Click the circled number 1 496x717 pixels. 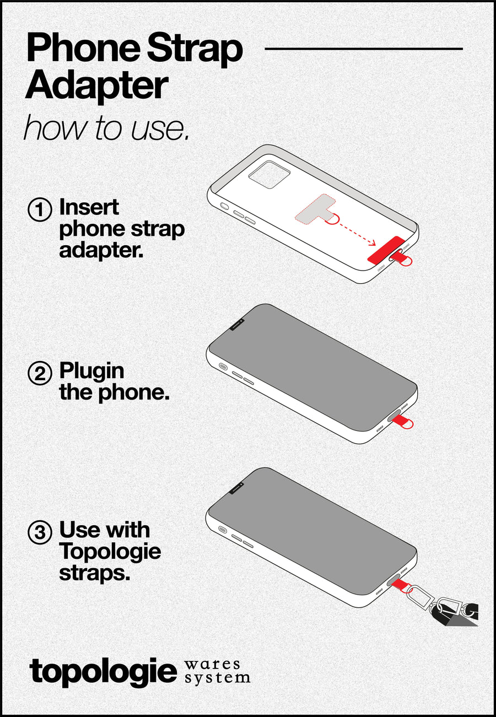pyautogui.click(x=39, y=211)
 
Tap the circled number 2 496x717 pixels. pyautogui.click(x=39, y=374)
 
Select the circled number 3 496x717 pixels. pyautogui.click(x=39, y=533)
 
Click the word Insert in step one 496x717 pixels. pyautogui.click(x=89, y=208)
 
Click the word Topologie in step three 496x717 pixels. pyautogui.click(x=110, y=551)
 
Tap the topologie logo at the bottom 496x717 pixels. pyautogui.click(x=104, y=672)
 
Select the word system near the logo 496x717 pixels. pyautogui.click(x=217, y=677)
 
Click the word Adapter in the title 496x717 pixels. pyautogui.click(x=96, y=85)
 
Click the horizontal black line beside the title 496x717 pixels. pyautogui.click(x=364, y=48)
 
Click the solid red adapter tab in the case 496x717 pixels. pyautogui.click(x=385, y=250)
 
